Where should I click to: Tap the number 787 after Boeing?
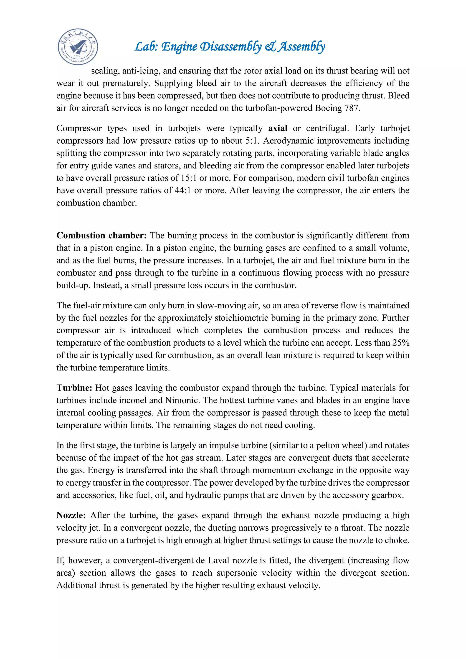tap(352, 108)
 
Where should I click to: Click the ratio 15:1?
tap(189, 178)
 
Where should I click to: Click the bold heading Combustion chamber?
tap(101, 235)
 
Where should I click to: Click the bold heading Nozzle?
tap(71, 515)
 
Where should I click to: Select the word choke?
tap(397, 540)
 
